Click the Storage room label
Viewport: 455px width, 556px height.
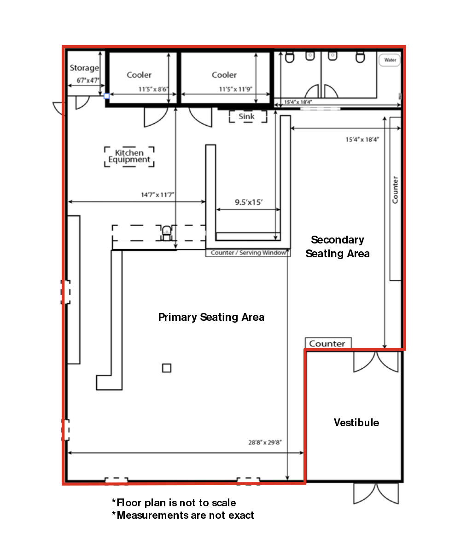tap(84, 68)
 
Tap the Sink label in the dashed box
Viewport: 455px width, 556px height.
tap(246, 116)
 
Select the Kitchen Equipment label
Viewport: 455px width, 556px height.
tap(129, 156)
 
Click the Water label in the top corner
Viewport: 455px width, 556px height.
tap(390, 60)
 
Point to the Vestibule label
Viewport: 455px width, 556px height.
tap(356, 423)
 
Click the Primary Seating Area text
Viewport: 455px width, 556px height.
tap(211, 317)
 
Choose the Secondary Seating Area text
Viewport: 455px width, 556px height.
tap(338, 247)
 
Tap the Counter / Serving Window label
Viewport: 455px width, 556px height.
tap(248, 253)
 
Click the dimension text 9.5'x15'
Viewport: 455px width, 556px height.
tap(249, 202)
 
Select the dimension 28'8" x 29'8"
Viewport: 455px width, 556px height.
tap(265, 442)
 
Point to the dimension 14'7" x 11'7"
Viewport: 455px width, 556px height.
tap(157, 195)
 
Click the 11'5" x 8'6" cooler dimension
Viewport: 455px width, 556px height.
tap(153, 89)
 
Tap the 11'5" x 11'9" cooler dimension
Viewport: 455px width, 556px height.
tap(235, 89)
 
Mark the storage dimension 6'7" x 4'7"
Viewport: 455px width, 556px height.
tap(88, 80)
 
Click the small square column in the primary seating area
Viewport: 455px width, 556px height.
tap(166, 368)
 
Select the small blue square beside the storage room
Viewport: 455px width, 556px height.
tap(106, 96)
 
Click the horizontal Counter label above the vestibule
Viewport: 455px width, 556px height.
tap(327, 343)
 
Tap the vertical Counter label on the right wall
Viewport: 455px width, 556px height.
tap(395, 190)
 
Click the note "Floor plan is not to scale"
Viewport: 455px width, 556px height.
tap(174, 503)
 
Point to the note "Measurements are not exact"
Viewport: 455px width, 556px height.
tap(183, 515)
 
